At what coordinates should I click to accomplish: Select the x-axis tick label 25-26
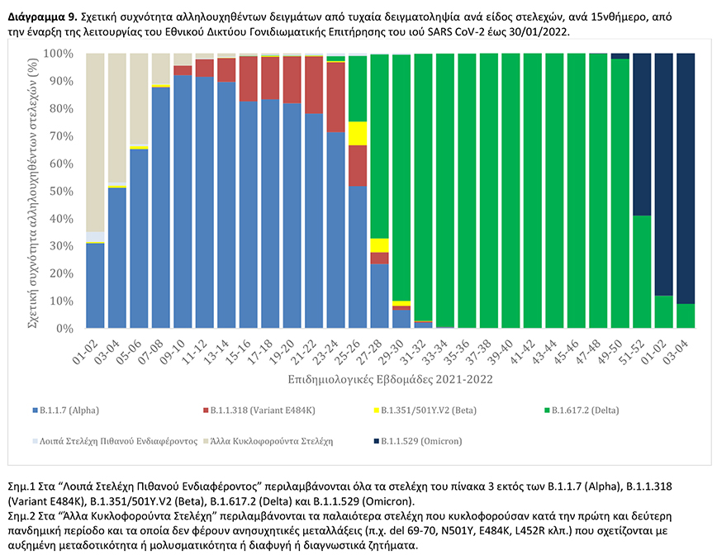pyautogui.click(x=354, y=349)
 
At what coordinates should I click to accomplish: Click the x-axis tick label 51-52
pyautogui.click(x=639, y=349)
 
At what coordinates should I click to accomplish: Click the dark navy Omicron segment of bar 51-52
pyautogui.click(x=642, y=132)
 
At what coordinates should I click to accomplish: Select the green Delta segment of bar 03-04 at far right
pyautogui.click(x=686, y=316)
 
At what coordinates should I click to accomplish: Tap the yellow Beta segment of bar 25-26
pyautogui.click(x=357, y=133)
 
